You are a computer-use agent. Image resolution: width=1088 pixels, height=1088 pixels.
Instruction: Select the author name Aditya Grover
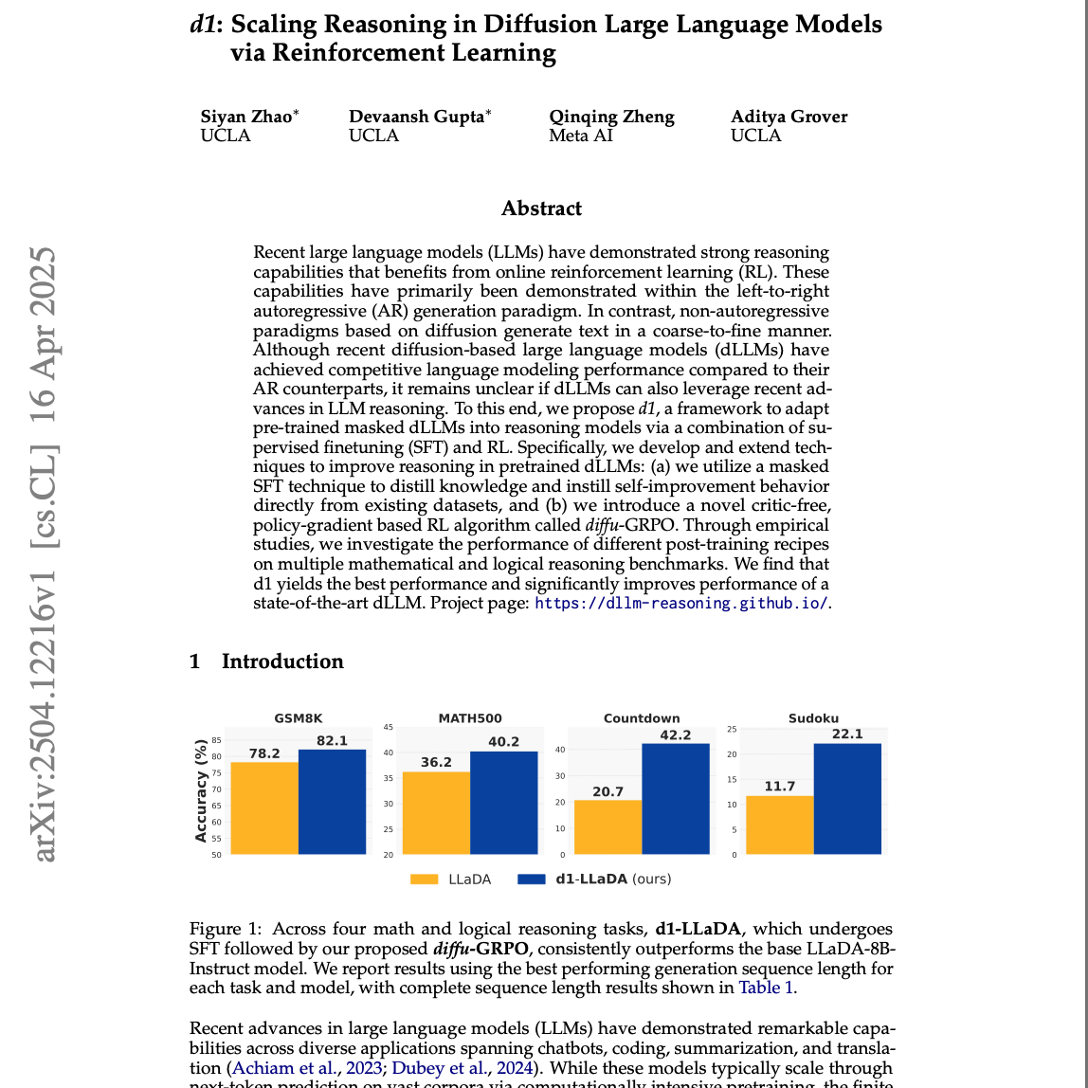789,117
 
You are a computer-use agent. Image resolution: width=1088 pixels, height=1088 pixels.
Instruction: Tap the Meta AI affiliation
581,136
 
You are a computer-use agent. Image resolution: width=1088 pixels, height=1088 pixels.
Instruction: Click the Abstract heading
541,209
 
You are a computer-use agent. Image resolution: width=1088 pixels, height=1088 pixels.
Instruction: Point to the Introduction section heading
281,662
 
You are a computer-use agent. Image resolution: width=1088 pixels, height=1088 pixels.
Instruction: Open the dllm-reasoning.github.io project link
680,603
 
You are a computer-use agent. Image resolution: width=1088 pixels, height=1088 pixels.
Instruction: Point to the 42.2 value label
675,734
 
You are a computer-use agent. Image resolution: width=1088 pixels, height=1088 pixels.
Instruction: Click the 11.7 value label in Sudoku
780,787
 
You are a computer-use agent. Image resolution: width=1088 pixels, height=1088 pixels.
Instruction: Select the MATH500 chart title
470,718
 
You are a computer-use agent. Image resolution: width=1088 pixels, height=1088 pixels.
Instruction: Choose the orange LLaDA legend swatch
424,879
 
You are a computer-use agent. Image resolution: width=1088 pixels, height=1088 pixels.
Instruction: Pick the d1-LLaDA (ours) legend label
613,879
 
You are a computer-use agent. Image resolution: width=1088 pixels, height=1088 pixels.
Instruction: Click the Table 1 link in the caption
767,988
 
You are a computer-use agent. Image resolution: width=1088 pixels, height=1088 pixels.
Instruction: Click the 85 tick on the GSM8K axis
217,740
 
